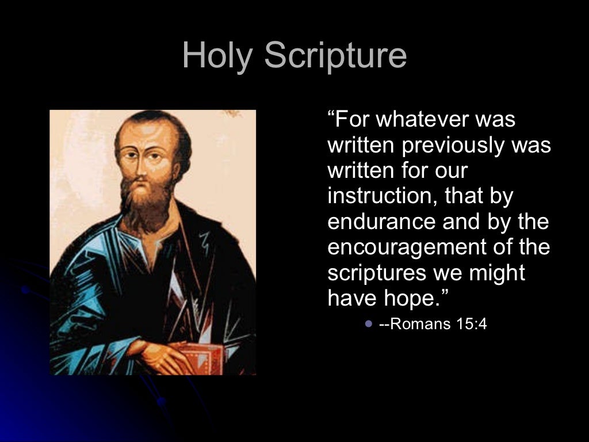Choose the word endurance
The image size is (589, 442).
pyautogui.click(x=378, y=222)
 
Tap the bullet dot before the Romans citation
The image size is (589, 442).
pyautogui.click(x=369, y=324)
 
